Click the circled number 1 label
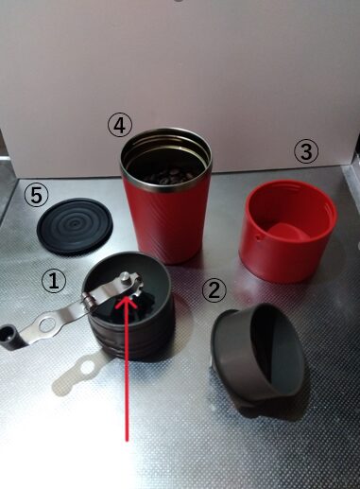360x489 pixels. coord(54,281)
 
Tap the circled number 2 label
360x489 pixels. coord(214,290)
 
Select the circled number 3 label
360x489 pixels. coord(306,151)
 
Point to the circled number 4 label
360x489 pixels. coord(119,126)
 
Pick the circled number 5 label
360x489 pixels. coord(37,196)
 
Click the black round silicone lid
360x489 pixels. coord(75,226)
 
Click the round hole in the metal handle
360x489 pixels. coord(47,324)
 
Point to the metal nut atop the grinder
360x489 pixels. coord(126,278)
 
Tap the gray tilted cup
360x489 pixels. coord(258,356)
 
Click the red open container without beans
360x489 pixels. coord(287,231)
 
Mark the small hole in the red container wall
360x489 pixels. coord(260,238)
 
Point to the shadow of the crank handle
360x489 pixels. coord(77,374)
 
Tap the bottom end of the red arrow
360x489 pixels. coord(127,440)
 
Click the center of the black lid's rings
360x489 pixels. coord(75,224)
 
